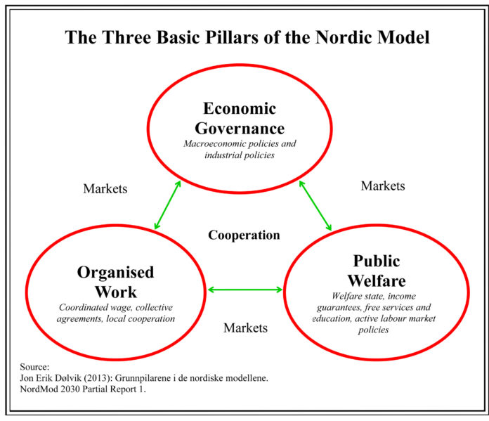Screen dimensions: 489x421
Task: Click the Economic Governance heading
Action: tap(240, 118)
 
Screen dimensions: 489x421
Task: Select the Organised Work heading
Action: tap(116, 282)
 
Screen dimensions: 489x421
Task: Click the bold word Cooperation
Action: tap(244, 235)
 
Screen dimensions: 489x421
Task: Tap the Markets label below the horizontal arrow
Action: tap(245, 328)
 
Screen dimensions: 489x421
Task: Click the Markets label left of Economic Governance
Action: tap(105, 189)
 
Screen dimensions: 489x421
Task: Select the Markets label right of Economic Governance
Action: tap(383, 186)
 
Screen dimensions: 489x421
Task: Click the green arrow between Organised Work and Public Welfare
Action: tap(244, 290)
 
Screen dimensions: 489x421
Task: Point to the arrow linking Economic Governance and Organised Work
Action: tap(168, 205)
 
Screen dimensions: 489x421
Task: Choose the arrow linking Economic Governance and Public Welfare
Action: tap(315, 205)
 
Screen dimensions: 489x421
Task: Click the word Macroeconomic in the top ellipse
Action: tap(215, 143)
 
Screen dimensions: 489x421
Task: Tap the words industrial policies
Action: tap(240, 155)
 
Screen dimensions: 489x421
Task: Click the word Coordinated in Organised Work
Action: tap(84, 307)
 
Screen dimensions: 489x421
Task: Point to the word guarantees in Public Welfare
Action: tap(339, 308)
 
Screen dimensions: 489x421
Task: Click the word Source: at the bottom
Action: tap(34, 367)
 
